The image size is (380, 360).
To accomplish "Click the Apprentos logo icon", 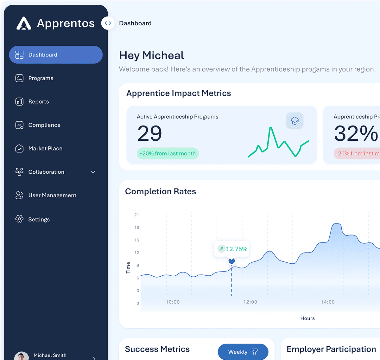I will (24, 23).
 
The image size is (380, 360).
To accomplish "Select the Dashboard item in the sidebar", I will (56, 55).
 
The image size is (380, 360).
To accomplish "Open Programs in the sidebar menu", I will (41, 78).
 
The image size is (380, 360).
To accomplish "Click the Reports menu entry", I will (38, 102).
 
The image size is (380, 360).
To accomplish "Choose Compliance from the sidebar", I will (44, 125).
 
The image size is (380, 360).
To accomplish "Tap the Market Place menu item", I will (45, 149).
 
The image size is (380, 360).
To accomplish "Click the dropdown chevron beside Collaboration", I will (93, 172).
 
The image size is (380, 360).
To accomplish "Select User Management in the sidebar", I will (52, 196).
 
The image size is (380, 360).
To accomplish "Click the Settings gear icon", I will (19, 219).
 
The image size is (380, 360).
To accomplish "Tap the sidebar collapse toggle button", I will (108, 23).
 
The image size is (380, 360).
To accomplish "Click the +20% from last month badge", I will (168, 154).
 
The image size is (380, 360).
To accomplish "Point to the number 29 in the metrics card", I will (149, 133).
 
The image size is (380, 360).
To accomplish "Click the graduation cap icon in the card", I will (295, 121).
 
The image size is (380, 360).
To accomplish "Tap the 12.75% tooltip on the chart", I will (232, 249).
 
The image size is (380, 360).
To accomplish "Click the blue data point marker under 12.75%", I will (232, 261).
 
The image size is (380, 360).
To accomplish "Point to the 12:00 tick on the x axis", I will (250, 302).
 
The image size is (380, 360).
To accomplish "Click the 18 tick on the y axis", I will (136, 228).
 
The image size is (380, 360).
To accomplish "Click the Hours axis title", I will (307, 318).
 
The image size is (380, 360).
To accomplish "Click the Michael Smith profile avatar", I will (22, 356).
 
